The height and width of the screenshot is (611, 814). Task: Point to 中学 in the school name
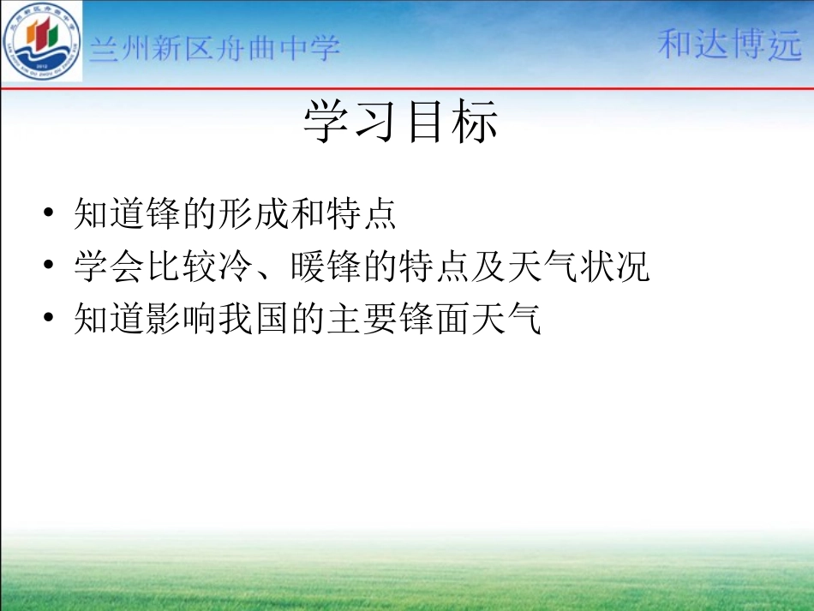[x=312, y=48]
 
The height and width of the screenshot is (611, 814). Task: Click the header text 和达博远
[x=729, y=45]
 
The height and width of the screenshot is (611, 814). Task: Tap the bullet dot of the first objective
[x=52, y=214]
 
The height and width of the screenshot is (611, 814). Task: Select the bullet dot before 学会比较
[x=52, y=267]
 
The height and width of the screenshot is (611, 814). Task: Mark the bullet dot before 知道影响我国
[x=52, y=320]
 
